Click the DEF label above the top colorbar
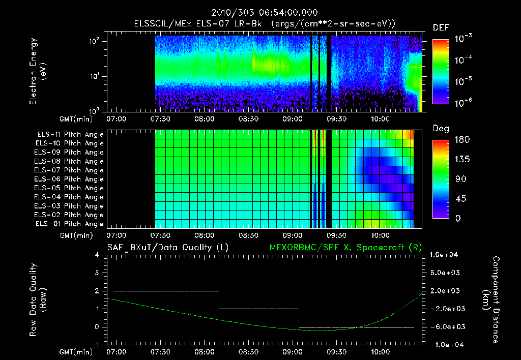tap(441, 27)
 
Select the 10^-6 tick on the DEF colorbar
tap(464, 103)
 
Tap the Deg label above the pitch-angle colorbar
tap(441, 129)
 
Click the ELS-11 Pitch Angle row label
tap(70, 134)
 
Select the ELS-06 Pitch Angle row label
tap(70, 179)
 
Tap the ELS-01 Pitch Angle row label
tap(70, 224)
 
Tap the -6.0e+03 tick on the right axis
tap(446, 326)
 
